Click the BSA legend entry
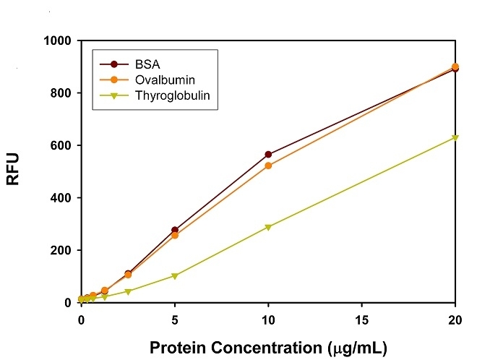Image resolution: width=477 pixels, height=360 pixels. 149,63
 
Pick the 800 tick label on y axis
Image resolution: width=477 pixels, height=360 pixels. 61,93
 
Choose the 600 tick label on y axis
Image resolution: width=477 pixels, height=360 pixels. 61,146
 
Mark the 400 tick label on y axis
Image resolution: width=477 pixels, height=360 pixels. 61,198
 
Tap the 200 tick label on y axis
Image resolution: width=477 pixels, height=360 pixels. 61,251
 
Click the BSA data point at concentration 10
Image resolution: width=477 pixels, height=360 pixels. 268,154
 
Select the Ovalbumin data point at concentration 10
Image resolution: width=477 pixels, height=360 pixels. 268,166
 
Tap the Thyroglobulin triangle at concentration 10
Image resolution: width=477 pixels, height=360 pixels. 268,227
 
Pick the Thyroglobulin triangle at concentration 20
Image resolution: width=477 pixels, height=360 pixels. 455,137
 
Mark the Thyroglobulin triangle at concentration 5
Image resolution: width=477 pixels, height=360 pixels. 174,275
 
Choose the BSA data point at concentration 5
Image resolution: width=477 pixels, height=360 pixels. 174,230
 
